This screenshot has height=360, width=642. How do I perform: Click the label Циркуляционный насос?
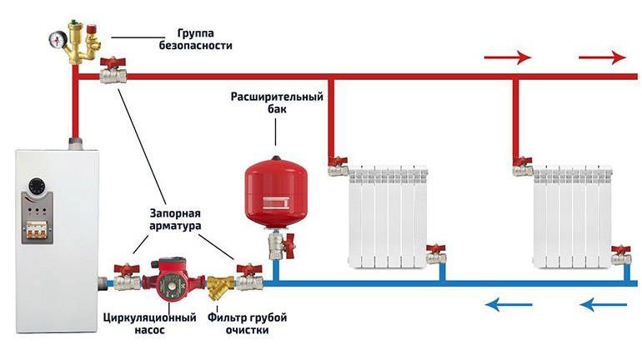coord(151,323)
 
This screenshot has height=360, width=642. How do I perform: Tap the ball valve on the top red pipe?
coord(112,72)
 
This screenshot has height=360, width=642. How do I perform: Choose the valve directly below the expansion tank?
coord(278,247)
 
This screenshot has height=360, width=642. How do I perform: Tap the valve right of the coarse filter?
coord(248,278)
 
